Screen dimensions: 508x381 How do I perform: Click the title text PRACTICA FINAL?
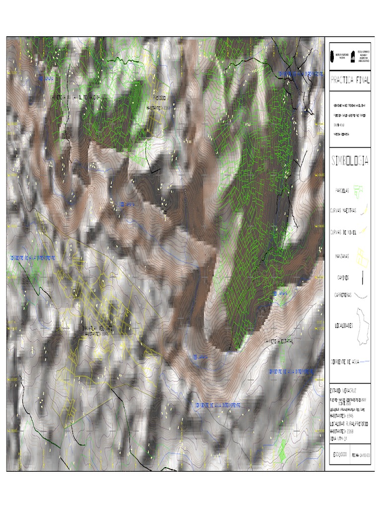tap(350, 80)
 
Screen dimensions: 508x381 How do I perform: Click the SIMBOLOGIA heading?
tap(350, 160)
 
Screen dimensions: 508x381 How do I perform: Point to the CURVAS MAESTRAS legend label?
tap(343, 210)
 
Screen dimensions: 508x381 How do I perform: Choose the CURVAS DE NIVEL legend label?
tap(343, 231)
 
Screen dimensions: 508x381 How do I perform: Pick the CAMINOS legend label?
tap(342, 278)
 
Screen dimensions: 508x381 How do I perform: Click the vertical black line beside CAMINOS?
tap(363, 278)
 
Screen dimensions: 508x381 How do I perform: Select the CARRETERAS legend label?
tap(343, 295)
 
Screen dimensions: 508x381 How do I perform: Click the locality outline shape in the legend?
tap(363, 325)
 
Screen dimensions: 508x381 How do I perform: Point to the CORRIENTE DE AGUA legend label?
tap(343, 363)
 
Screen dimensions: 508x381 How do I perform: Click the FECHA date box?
tap(361, 454)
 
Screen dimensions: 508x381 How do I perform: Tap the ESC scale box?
tap(339, 454)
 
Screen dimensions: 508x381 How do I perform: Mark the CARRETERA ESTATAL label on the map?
tap(279, 342)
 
